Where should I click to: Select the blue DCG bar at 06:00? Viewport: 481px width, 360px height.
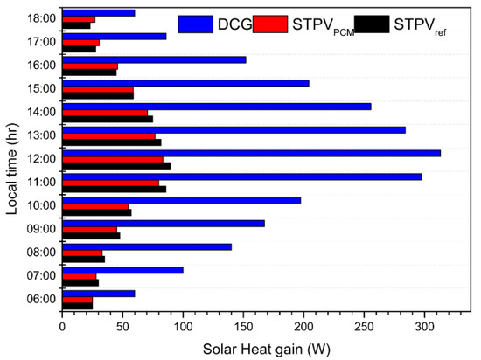pyautogui.click(x=98, y=294)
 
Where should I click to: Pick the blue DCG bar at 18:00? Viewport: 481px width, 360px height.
pyautogui.click(x=98, y=12)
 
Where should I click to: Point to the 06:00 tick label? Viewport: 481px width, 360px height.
pyautogui.click(x=40, y=300)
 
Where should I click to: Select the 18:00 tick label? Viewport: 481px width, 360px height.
pyautogui.click(x=40, y=18)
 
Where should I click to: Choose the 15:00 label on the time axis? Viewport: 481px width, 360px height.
pyautogui.click(x=40, y=88)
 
